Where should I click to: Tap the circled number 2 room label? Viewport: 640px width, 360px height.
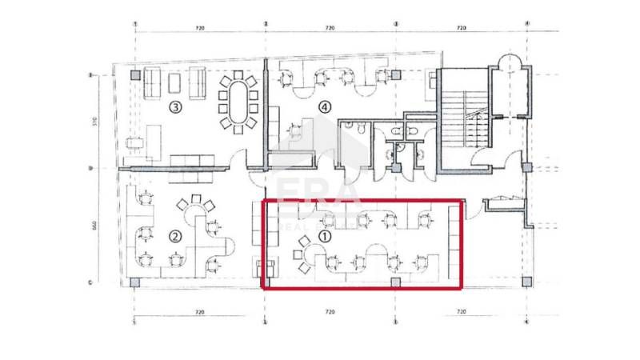(x=174, y=236)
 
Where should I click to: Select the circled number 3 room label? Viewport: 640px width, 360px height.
(x=174, y=106)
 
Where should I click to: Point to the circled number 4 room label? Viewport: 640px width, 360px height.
(x=324, y=106)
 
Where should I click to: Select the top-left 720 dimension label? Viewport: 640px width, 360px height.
(x=200, y=28)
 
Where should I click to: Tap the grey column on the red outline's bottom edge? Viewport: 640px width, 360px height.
(x=395, y=282)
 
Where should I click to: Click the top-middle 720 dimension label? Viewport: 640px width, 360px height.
(x=330, y=28)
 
